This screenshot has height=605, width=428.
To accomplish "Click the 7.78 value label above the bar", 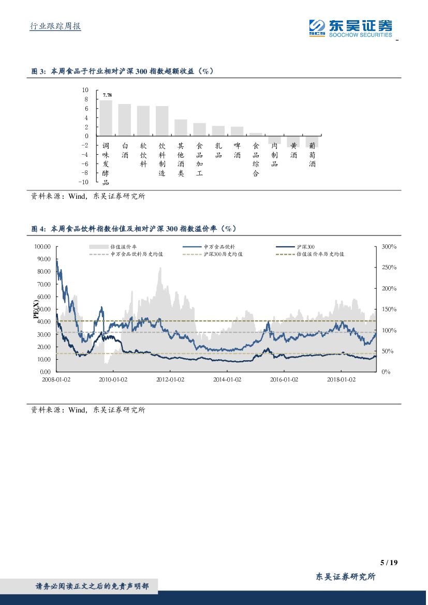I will point(107,95).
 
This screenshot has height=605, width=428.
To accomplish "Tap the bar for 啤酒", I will point(237,131).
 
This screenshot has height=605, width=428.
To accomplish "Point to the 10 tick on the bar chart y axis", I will point(85,90).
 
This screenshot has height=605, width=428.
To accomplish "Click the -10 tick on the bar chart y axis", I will point(83,182).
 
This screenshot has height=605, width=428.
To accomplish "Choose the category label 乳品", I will point(218,150).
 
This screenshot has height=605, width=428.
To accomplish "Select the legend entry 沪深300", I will point(308,247).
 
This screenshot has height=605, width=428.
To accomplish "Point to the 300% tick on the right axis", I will point(389,247).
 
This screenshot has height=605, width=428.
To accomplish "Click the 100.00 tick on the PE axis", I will point(43,247).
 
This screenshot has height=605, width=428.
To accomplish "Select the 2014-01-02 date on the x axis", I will point(227,379).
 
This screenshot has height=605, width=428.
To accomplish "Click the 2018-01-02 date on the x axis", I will point(342,379).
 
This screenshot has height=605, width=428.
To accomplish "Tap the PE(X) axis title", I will point(36,309).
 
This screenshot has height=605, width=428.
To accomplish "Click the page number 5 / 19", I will point(388,563).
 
